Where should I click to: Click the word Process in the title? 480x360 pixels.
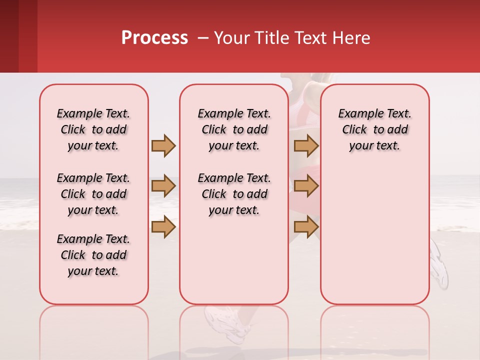(x=154, y=38)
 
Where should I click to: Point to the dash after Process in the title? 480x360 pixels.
(x=203, y=38)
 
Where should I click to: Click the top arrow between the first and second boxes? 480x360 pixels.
(x=163, y=145)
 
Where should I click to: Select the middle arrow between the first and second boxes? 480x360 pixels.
(x=163, y=186)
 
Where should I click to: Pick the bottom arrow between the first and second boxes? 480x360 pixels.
(x=163, y=227)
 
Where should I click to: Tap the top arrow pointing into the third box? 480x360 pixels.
(x=306, y=145)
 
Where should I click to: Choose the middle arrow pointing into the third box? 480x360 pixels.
(x=306, y=186)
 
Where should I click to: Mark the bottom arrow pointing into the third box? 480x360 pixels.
(x=306, y=227)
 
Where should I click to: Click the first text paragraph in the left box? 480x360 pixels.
(x=93, y=129)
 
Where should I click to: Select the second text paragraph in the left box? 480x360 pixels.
(x=93, y=194)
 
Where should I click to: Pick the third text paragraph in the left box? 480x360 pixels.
(x=93, y=255)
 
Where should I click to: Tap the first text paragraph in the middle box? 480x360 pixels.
(x=234, y=129)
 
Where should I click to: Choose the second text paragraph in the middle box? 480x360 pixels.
(x=234, y=194)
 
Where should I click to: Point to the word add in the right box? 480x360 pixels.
(x=397, y=129)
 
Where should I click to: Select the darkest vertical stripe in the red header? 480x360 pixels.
(x=9, y=36)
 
